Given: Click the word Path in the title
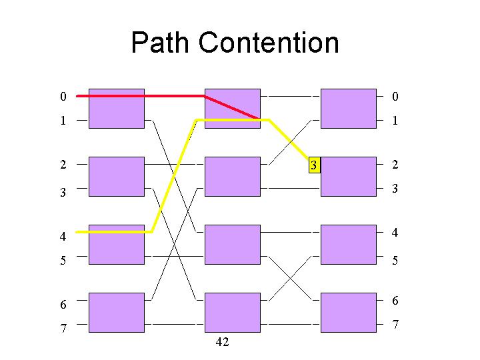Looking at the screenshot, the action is tap(160, 42).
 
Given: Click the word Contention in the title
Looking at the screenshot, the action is tap(269, 42).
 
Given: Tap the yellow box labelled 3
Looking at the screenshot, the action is tap(315, 165).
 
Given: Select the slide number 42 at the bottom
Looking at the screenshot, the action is tap(222, 341).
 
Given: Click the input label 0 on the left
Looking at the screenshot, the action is tap(63, 97).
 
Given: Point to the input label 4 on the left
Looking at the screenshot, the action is tap(63, 236).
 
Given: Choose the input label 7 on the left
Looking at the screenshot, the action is tap(63, 328).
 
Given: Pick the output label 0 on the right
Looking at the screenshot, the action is tap(395, 97).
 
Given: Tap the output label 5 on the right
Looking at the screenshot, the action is tap(395, 260).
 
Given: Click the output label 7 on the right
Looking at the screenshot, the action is tap(395, 324).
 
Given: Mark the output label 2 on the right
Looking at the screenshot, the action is tap(395, 165).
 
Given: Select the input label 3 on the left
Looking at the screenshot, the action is tap(63, 192).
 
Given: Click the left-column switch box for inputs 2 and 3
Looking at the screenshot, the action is tap(117, 177).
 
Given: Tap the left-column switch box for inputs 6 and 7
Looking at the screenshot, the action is tap(117, 313).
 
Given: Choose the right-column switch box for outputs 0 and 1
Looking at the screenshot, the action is tap(349, 109).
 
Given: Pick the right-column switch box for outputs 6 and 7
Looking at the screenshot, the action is tap(349, 313).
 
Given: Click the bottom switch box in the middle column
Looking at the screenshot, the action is tap(233, 313).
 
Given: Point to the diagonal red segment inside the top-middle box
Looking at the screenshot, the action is tap(232, 107).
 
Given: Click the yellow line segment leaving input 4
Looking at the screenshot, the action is tap(114, 232).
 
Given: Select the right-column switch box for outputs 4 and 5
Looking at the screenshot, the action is tap(349, 245).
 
